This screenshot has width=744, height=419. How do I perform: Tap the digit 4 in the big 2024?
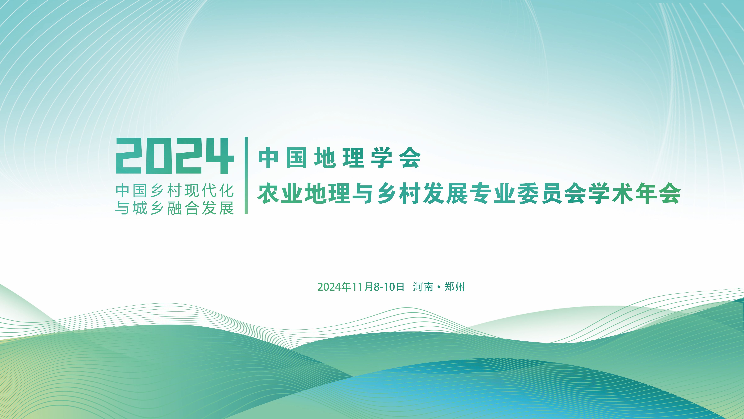(220, 156)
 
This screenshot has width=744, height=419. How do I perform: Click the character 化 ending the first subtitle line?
(227, 190)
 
